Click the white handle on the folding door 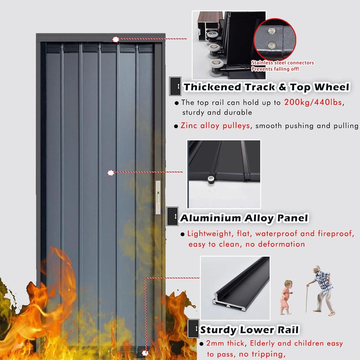[x=158, y=197]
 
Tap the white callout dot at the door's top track [x=116, y=39]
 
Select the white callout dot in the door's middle [x=111, y=173]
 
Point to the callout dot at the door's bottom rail [x=145, y=353]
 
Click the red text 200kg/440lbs [x=313, y=102]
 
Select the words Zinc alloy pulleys [x=215, y=126]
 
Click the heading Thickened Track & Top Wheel [x=266, y=87]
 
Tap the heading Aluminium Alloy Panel [x=244, y=218]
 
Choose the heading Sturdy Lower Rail [x=249, y=330]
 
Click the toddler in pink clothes [x=286, y=297]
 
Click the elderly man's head [x=317, y=269]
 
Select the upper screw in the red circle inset [x=272, y=31]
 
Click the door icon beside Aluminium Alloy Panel [x=172, y=217]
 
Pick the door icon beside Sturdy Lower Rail [x=193, y=329]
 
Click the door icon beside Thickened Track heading [x=175, y=86]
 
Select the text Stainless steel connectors [x=283, y=63]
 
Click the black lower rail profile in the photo [x=241, y=284]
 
